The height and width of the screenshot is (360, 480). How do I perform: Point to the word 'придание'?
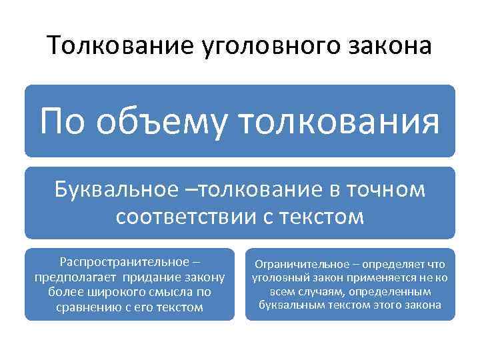152,277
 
